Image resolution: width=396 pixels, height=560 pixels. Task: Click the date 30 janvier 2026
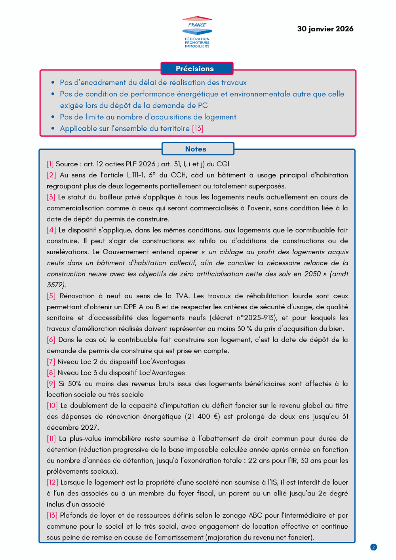click(325, 29)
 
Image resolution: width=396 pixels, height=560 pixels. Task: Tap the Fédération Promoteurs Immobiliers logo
click(197, 32)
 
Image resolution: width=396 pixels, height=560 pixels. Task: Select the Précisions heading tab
click(197, 69)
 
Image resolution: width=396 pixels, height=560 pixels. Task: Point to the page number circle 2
click(373, 547)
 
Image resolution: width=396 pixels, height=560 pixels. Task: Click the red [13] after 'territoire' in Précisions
click(198, 128)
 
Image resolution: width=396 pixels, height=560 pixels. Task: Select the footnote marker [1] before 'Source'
click(50, 164)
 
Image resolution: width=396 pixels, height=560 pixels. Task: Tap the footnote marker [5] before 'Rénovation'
click(51, 296)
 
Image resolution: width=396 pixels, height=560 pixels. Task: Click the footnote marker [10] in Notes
click(52, 406)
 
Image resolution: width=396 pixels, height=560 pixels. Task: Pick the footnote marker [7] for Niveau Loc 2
click(51, 362)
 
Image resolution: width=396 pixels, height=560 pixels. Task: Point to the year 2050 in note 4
click(312, 274)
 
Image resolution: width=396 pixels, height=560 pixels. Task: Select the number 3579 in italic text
click(55, 285)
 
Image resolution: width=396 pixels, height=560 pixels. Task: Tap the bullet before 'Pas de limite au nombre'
click(53, 117)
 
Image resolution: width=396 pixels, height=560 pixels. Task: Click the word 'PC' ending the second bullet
click(203, 105)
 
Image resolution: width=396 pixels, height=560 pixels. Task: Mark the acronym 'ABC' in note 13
click(255, 515)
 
